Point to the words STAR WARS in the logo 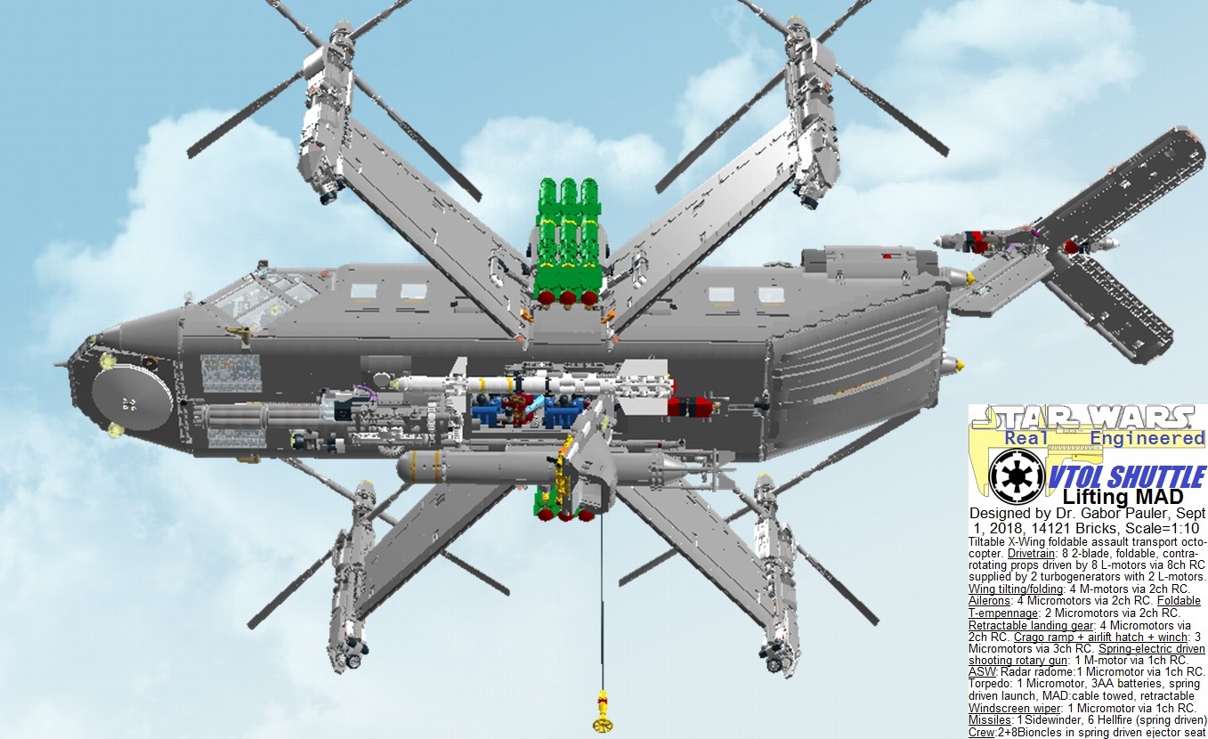(1086, 418)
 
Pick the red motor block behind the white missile (693, 406)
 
